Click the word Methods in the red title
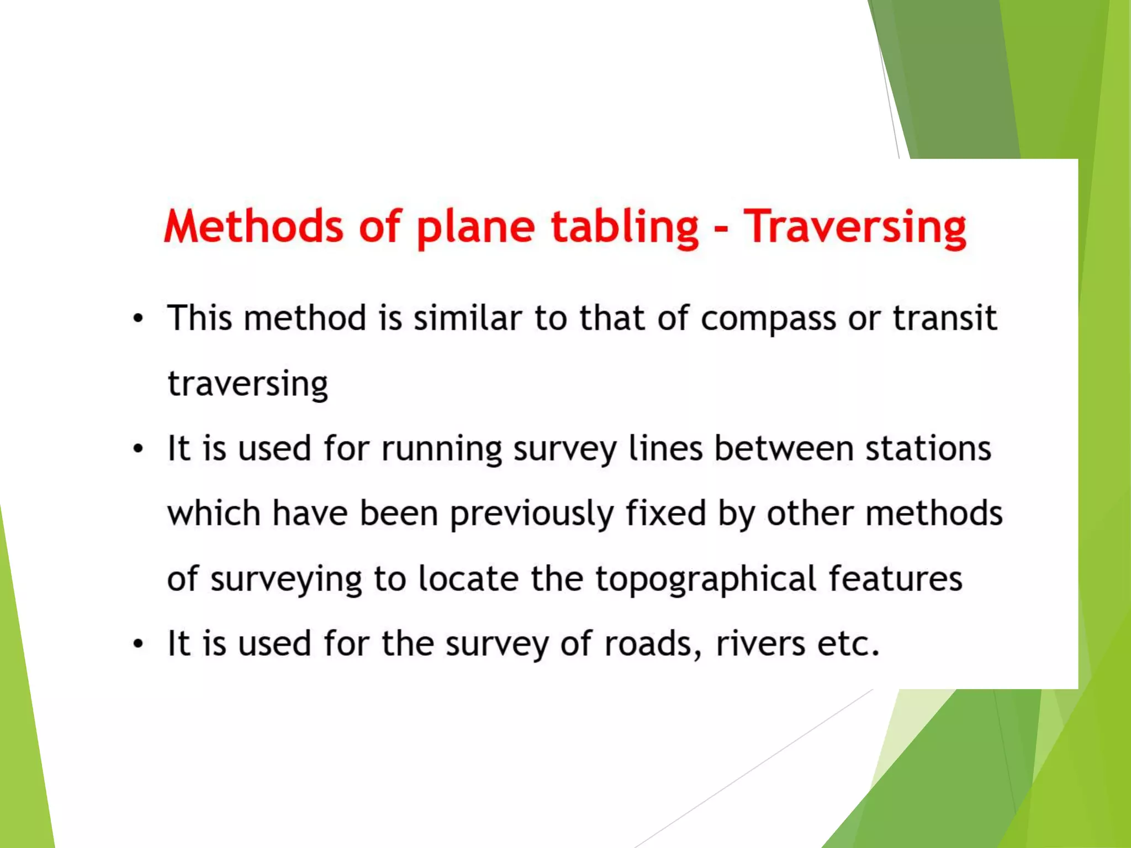(x=253, y=226)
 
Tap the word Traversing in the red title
(x=855, y=226)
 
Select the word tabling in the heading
(x=625, y=226)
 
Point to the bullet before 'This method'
(x=138, y=319)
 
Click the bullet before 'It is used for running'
(x=138, y=449)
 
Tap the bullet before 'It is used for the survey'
(x=138, y=644)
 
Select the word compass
(x=768, y=319)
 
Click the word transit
(x=945, y=318)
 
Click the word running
(x=442, y=449)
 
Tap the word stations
(x=928, y=448)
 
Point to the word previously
(x=532, y=514)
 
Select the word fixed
(x=665, y=513)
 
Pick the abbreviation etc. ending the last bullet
(x=848, y=644)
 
